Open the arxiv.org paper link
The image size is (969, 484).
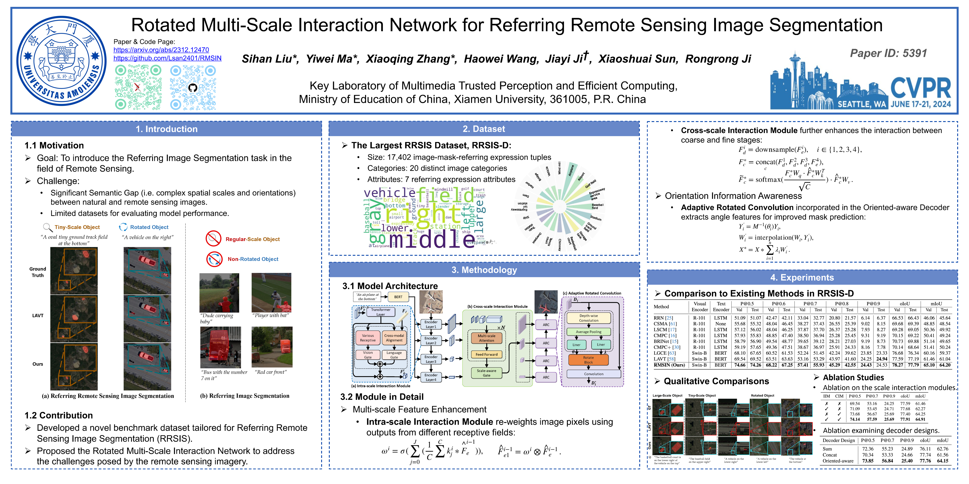pos(161,50)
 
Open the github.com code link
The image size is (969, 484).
pos(167,58)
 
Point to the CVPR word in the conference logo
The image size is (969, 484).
pos(920,89)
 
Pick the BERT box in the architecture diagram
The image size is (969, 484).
pos(398,297)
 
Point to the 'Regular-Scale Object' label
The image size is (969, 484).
pos(252,239)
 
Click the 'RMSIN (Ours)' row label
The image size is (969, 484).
pos(669,365)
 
